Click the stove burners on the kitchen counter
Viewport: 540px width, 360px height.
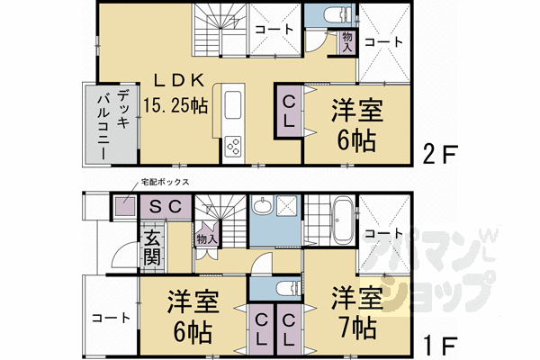(235, 145)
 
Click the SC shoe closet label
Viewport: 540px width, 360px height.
(165, 206)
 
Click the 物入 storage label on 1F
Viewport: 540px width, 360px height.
(205, 239)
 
